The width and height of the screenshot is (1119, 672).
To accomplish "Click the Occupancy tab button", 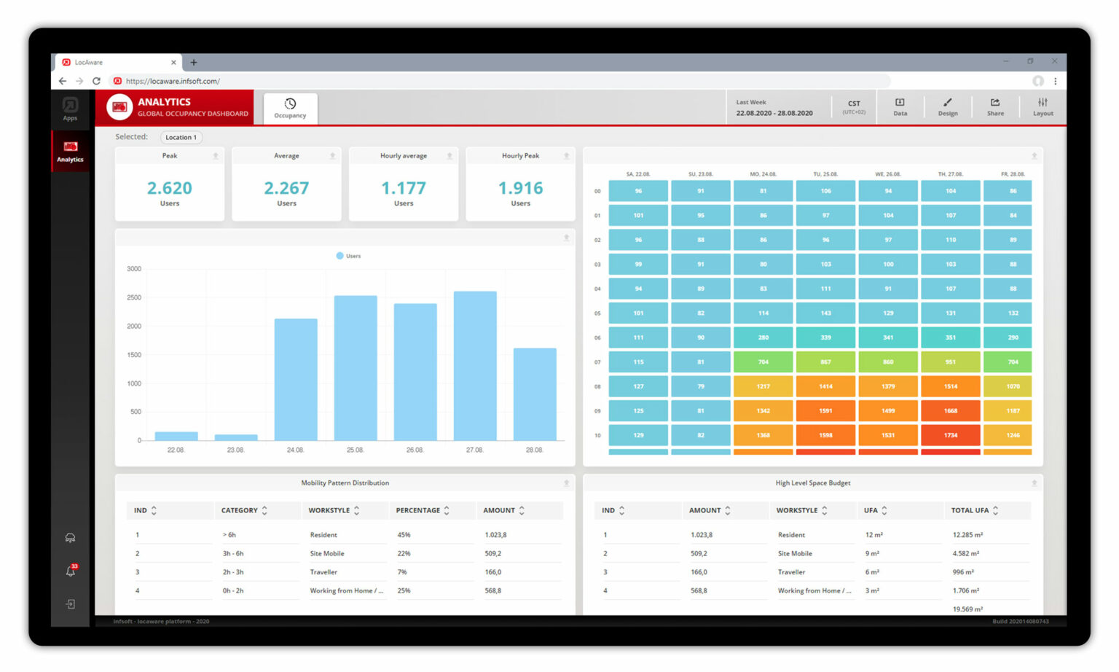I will [290, 108].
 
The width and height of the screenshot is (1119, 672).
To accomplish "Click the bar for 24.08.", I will [296, 379].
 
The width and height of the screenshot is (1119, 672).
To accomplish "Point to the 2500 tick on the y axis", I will [134, 297].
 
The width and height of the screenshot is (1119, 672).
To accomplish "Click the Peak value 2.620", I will [170, 188].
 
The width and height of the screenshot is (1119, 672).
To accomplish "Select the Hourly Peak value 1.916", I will [520, 188].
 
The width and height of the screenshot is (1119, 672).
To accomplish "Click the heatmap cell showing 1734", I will [950, 435].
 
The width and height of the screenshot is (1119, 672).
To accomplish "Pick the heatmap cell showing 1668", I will [950, 411].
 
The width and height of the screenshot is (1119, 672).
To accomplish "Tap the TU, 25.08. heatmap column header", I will [825, 174].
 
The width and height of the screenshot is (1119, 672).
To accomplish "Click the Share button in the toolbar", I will [995, 107].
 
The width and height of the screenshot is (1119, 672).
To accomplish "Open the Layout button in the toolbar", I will [1043, 107].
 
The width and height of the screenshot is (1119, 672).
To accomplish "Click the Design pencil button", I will [947, 107].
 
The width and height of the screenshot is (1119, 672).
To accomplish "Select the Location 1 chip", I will [181, 137].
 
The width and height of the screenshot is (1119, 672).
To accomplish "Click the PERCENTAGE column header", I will [418, 510].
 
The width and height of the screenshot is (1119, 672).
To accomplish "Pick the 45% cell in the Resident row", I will [404, 535].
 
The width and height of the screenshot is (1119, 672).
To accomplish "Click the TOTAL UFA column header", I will [970, 510].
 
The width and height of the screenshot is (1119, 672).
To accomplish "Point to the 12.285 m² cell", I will [967, 535].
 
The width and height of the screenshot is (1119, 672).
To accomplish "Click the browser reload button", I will [96, 81].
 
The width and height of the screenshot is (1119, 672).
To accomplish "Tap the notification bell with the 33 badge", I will [71, 571].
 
